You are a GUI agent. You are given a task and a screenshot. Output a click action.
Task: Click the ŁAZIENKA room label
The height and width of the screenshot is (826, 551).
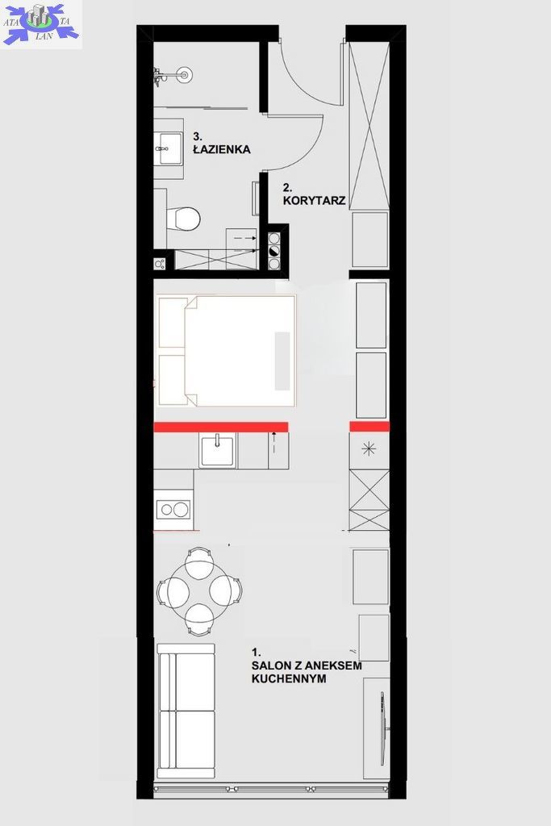tap(221, 149)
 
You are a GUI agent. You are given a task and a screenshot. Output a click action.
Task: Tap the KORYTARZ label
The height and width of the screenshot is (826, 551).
tap(314, 201)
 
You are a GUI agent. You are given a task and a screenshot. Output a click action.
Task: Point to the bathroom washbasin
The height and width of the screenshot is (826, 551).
tap(169, 148)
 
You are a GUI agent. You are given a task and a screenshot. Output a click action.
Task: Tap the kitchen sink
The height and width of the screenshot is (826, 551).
tap(218, 449)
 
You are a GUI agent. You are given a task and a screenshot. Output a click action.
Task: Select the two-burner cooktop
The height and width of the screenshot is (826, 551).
tap(173, 510)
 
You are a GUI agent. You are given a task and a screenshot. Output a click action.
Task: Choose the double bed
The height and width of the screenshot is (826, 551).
tap(227, 351)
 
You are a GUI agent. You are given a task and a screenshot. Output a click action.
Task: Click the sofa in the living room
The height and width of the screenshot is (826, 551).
tap(186, 711)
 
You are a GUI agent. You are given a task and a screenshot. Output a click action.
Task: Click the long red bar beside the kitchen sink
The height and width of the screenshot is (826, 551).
tap(221, 427)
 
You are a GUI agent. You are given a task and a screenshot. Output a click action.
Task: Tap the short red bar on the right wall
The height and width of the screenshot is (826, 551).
tap(369, 426)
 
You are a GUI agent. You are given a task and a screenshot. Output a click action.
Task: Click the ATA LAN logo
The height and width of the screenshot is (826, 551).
tap(41, 23)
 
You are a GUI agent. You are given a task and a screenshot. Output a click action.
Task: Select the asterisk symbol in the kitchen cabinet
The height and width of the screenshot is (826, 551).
tap(369, 449)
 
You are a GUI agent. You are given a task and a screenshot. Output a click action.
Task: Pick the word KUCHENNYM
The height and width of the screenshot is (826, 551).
tap(289, 678)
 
